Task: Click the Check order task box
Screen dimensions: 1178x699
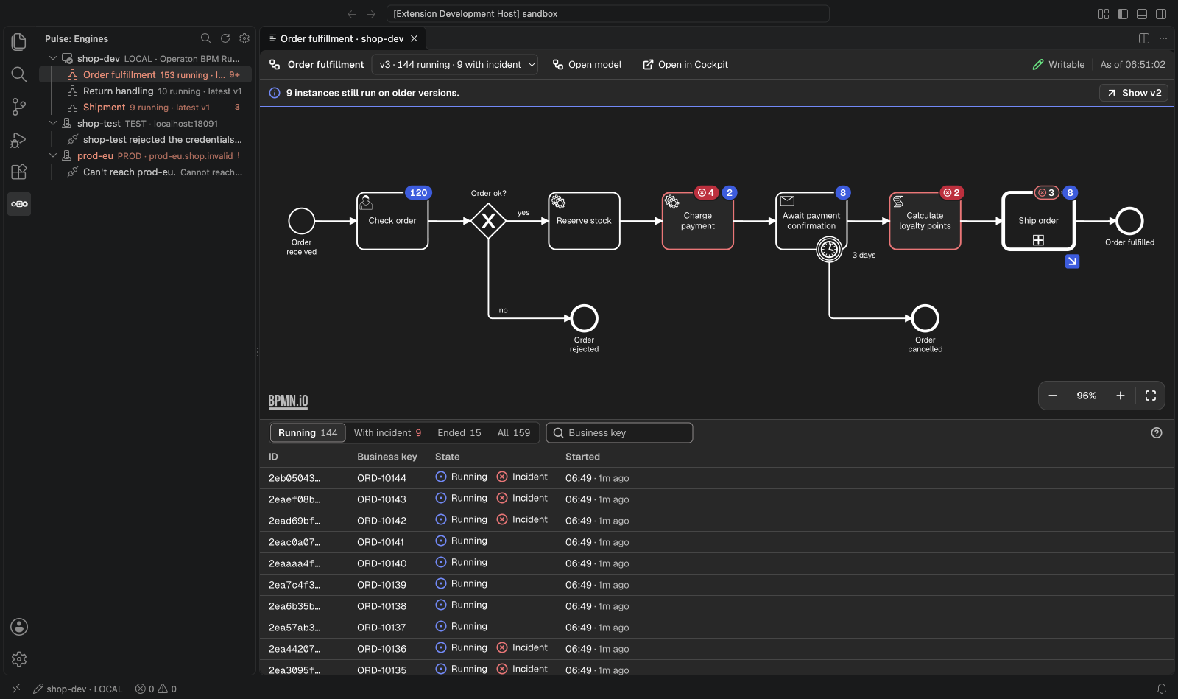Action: [x=392, y=221]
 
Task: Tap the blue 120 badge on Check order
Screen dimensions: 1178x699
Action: [x=418, y=192]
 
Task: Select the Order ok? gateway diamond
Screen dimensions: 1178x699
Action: [x=488, y=221]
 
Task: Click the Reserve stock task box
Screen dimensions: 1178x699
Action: [x=584, y=221]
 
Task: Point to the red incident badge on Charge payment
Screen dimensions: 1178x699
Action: [x=706, y=192]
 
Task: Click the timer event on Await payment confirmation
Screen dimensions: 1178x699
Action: [x=829, y=249]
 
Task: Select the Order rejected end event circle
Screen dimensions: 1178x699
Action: [x=584, y=318]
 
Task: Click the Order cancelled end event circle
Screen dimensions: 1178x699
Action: [x=925, y=318]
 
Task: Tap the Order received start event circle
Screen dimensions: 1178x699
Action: [x=301, y=221]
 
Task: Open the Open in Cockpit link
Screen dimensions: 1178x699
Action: [x=685, y=64]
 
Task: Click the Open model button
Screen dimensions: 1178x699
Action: [x=587, y=64]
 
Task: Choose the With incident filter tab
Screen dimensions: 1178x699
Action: [x=387, y=432]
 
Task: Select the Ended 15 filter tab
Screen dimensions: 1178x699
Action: [x=459, y=432]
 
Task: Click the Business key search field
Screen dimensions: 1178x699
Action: [x=619, y=432]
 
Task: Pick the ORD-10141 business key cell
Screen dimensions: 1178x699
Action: [x=381, y=541]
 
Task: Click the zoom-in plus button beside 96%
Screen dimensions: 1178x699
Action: [x=1120, y=396]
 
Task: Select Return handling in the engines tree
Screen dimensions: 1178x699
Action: [x=119, y=91]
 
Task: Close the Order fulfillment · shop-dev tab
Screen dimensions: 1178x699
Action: [x=414, y=38]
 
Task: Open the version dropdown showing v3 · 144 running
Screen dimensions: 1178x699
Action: [x=455, y=64]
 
